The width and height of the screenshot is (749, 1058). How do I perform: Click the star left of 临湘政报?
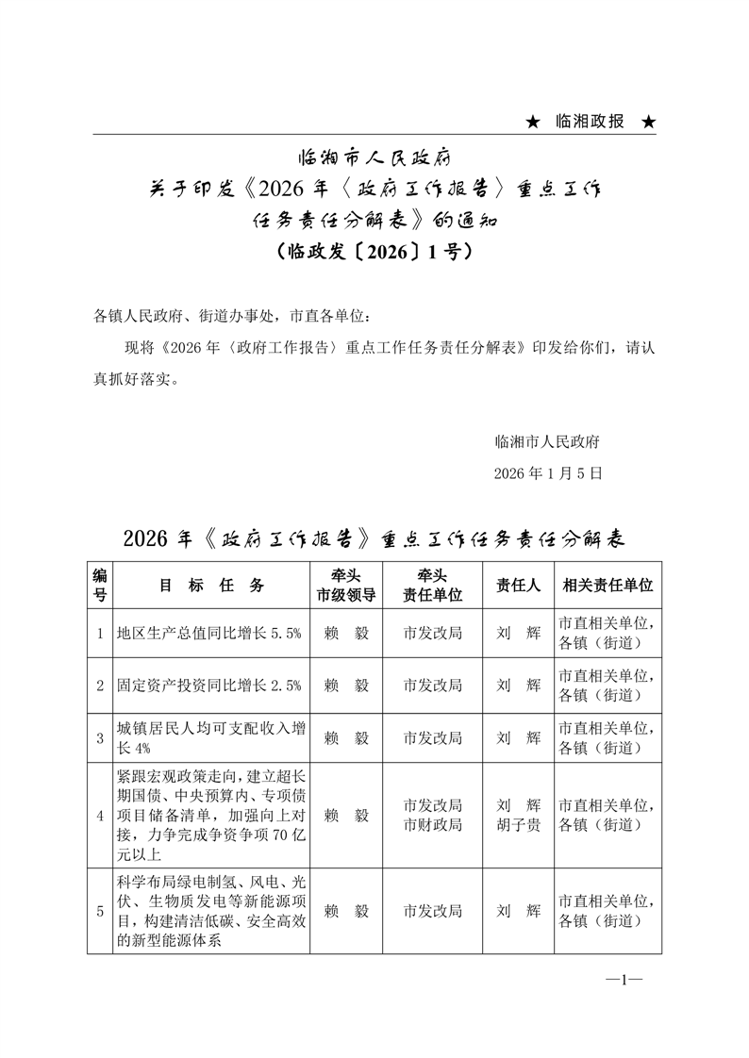[533, 123]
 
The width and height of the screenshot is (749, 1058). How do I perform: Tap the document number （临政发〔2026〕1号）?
[374, 253]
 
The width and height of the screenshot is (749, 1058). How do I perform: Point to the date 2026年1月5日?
[547, 472]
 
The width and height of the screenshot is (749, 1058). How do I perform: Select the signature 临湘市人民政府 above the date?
[547, 440]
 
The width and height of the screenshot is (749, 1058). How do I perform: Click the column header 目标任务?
[211, 586]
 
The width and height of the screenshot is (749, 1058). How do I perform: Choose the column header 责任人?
[518, 586]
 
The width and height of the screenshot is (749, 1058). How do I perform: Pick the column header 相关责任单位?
[607, 586]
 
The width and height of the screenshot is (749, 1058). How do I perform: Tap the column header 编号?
[100, 586]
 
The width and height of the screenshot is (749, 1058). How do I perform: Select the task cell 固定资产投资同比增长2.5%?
[208, 686]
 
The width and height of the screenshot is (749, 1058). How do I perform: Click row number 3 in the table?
[100, 738]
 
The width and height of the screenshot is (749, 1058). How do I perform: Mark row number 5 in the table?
[100, 912]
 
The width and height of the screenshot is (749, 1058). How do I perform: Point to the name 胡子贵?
[518, 825]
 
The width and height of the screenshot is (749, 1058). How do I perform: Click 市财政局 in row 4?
[432, 825]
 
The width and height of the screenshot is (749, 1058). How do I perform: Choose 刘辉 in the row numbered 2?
[518, 686]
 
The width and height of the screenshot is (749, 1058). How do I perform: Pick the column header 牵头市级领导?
[346, 586]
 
